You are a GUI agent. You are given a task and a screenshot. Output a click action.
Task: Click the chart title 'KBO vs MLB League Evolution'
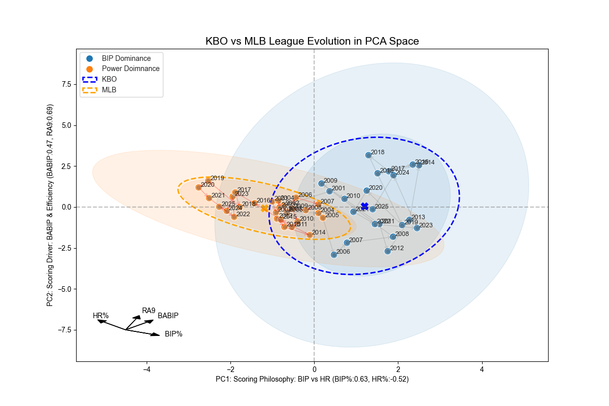point(312,41)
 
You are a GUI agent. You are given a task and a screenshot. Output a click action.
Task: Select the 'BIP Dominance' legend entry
point(126,58)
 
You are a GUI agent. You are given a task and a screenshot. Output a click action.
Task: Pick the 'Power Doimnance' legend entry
point(130,69)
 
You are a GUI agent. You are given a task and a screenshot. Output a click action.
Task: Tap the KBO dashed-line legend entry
point(109,79)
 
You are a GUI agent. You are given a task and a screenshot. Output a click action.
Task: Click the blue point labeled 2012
point(388,251)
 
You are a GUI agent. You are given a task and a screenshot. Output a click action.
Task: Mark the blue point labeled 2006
point(334,255)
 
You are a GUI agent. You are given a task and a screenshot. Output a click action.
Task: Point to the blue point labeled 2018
point(369,155)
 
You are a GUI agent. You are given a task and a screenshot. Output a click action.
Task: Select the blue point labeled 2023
point(417,228)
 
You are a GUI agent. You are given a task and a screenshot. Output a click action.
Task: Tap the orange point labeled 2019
point(208,181)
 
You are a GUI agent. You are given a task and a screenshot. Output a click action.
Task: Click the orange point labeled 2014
point(310,235)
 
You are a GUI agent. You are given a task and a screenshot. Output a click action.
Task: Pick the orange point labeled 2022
point(234,217)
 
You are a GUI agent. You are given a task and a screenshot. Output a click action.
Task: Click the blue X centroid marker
point(364,206)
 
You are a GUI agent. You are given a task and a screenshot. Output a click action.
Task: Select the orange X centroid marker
point(264,208)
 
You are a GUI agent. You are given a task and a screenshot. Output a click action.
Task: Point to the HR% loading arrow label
point(100,316)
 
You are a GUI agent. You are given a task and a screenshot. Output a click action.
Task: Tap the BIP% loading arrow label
point(174,334)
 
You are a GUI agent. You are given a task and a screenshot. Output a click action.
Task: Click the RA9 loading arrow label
point(149,311)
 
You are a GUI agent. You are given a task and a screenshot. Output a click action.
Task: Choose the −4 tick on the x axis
point(147,370)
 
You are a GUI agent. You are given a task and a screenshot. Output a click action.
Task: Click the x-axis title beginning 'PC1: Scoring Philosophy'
point(312,379)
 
